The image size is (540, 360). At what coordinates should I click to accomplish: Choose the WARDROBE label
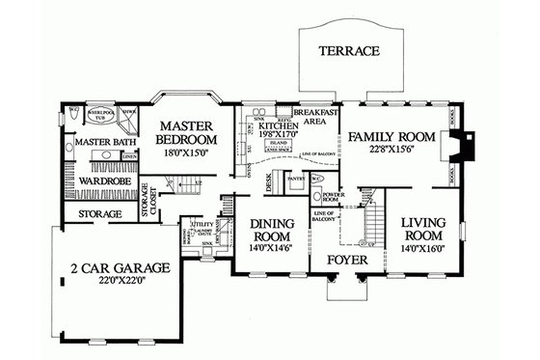click(x=96, y=180)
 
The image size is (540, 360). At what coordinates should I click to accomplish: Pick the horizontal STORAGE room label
click(x=99, y=213)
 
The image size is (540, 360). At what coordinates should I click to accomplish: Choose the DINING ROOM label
click(x=271, y=232)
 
